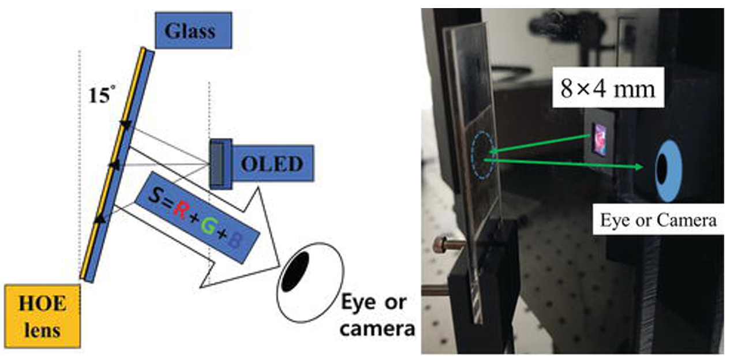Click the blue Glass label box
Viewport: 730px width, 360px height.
point(193,30)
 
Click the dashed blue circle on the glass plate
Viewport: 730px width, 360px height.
point(482,155)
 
